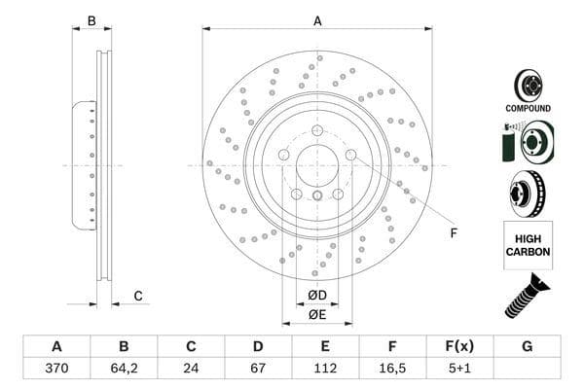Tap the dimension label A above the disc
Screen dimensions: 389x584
[x=317, y=20]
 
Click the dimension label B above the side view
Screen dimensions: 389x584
[x=91, y=20]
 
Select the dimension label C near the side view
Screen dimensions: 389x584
[x=138, y=296]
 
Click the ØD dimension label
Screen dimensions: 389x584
[x=317, y=295]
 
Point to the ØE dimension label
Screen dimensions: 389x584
[x=317, y=314]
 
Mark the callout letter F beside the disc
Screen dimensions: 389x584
[x=453, y=233]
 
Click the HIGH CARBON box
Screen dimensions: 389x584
[x=528, y=245]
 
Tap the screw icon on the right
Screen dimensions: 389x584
[x=527, y=297]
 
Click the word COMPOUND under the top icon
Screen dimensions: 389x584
[x=528, y=108]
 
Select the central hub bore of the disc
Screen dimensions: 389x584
[x=317, y=165]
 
